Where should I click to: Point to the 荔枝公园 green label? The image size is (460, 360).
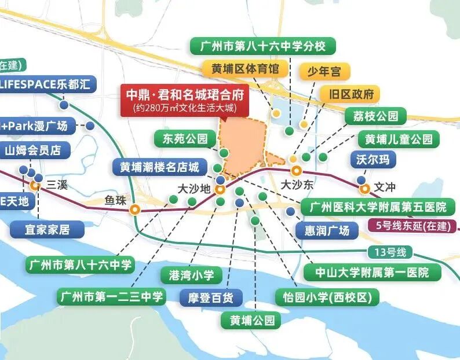click(375, 116)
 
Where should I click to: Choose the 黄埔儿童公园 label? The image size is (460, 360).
click(398, 139)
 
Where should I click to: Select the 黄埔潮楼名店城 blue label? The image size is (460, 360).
click(159, 167)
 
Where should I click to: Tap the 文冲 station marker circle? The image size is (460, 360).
click(364, 188)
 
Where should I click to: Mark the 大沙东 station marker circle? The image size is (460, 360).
click(296, 171)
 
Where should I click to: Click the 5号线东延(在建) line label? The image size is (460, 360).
click(412, 226)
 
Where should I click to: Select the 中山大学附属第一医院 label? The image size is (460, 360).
click(372, 271)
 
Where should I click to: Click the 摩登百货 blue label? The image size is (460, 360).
click(211, 298)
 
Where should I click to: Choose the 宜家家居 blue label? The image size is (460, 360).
click(48, 230)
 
